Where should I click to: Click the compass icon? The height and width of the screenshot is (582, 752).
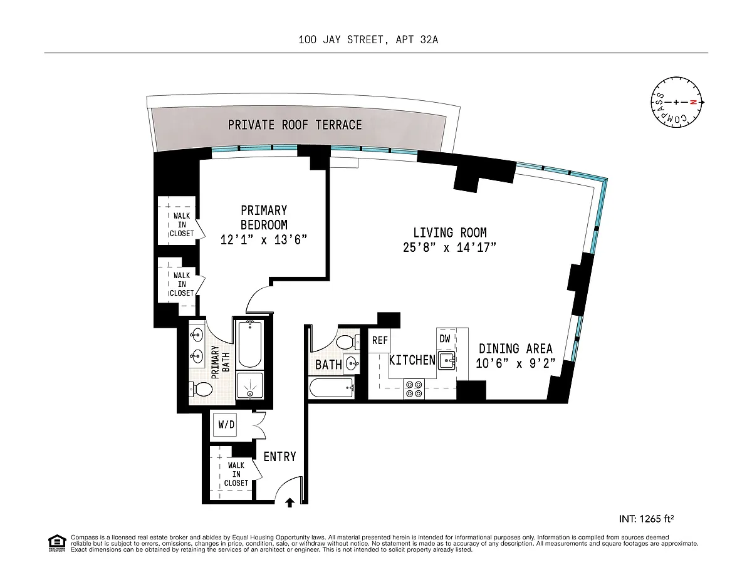point(677,102)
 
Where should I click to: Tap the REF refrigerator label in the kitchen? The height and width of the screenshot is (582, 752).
point(380,340)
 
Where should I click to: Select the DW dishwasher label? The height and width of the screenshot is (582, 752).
point(445,338)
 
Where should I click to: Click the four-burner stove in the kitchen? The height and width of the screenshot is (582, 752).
point(414,388)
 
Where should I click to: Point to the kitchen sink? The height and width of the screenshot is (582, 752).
point(446,360)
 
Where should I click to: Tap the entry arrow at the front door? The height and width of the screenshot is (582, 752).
point(290,502)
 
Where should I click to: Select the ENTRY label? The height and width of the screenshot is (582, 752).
point(279,457)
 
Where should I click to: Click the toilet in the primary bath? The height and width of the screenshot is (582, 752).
point(200,390)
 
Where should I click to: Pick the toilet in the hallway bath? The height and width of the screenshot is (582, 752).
point(348,342)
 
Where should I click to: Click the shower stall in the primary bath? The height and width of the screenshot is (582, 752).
point(249,385)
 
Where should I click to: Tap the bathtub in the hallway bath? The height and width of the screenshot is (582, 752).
point(332,387)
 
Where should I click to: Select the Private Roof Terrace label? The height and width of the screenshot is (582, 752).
point(295,125)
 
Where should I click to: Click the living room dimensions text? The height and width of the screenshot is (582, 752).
point(449,247)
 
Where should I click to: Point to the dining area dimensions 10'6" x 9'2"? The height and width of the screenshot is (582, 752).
point(515,363)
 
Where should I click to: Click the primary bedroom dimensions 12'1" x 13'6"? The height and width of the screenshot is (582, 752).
point(264,239)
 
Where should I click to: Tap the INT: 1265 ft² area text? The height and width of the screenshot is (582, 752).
point(646,519)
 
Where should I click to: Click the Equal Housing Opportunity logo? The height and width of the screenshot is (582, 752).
point(57,543)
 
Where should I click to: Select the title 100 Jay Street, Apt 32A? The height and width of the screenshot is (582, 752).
point(368,39)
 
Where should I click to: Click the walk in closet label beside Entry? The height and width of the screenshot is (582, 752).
point(236,474)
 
